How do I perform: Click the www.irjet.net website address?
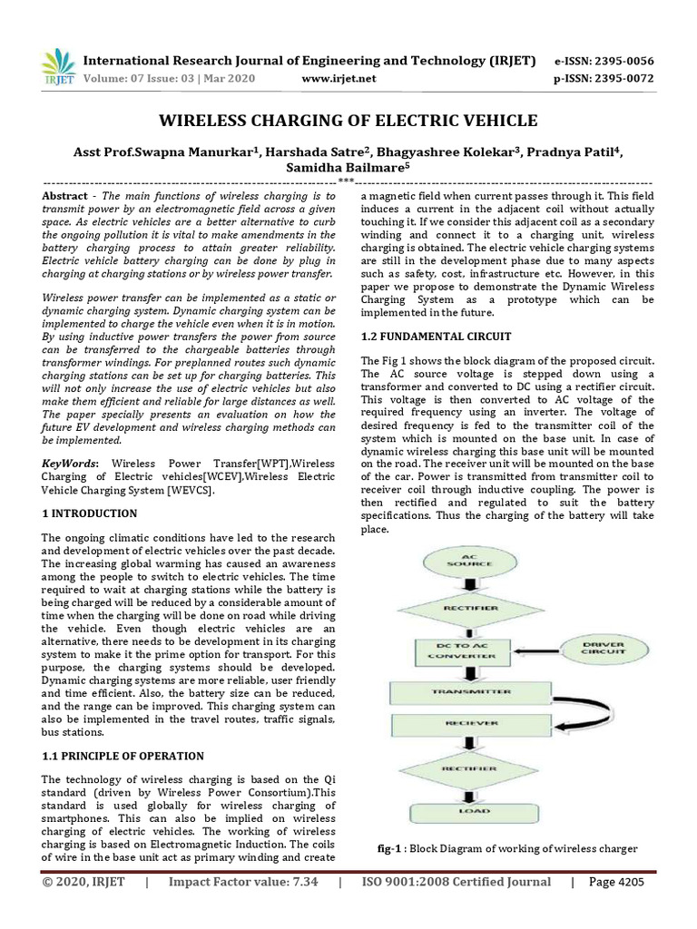pyautogui.click(x=338, y=79)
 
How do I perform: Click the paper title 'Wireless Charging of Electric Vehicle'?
pyautogui.click(x=348, y=121)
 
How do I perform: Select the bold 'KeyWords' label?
pyautogui.click(x=72, y=464)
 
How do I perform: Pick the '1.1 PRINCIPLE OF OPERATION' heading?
pyautogui.click(x=123, y=756)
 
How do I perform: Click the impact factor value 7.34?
pyautogui.click(x=299, y=882)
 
